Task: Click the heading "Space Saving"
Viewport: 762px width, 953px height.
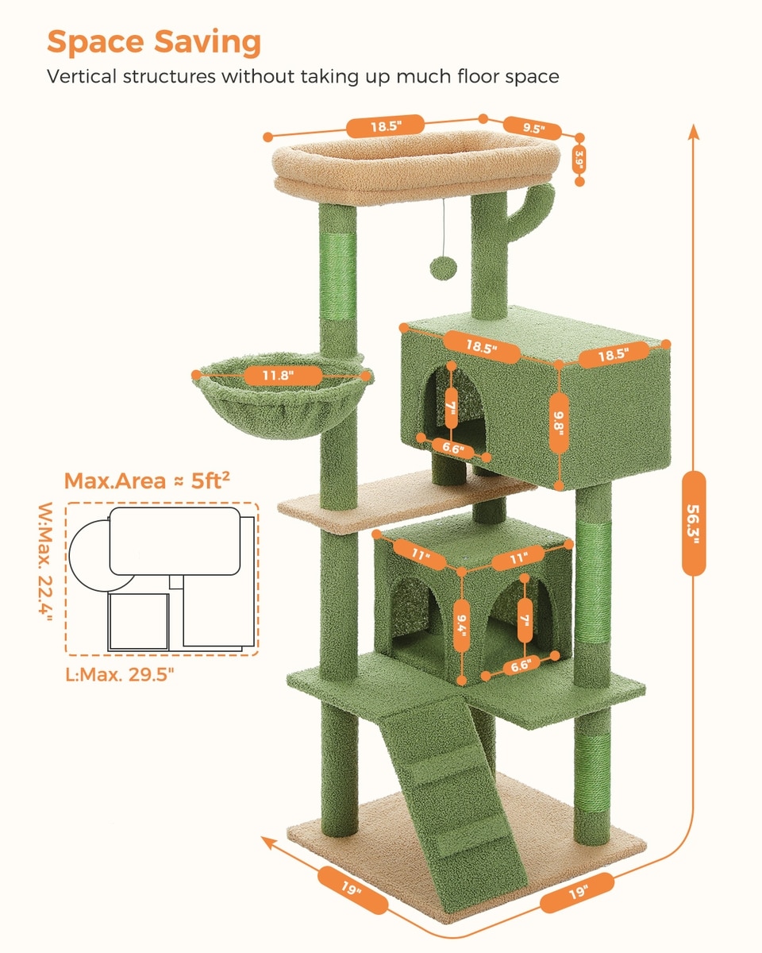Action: pyautogui.click(x=154, y=43)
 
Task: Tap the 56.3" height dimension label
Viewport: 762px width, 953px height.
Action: pyautogui.click(x=694, y=523)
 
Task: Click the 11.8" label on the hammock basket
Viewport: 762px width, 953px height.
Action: pyautogui.click(x=282, y=376)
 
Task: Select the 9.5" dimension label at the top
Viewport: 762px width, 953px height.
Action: pyautogui.click(x=533, y=129)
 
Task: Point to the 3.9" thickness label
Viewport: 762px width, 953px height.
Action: pyautogui.click(x=579, y=160)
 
